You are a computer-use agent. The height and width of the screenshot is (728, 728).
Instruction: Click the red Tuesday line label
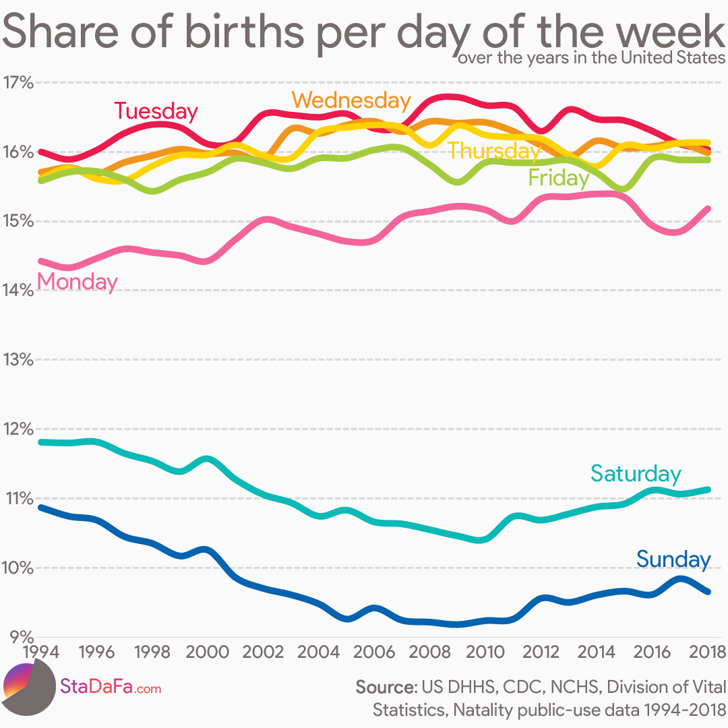[156, 111]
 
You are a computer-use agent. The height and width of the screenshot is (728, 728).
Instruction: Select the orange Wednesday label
[351, 100]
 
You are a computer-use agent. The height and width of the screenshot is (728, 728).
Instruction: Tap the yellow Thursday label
[494, 150]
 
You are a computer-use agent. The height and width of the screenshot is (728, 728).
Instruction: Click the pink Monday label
[77, 281]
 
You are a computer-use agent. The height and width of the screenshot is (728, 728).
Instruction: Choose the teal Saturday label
[636, 474]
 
